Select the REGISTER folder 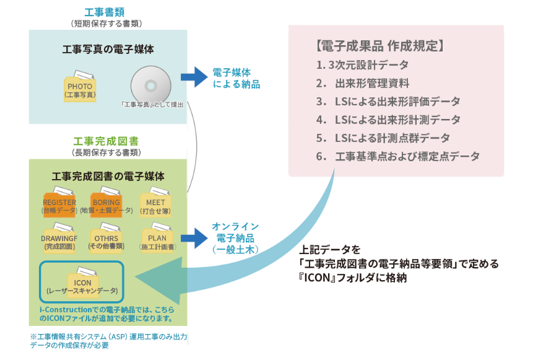[59, 202]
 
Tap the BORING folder [106, 202]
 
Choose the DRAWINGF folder [59, 237]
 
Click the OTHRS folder [106, 237]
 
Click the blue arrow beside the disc [193, 76]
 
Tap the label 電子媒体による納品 [236, 77]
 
